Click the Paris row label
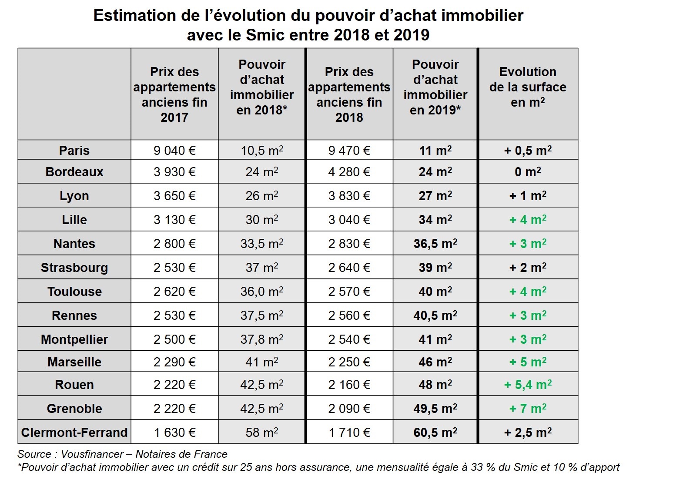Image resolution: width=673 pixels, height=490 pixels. [74, 150]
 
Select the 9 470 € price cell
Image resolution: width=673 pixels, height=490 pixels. [349, 150]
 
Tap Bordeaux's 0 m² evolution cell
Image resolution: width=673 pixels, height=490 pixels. [528, 171]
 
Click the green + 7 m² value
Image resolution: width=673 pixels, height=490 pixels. [528, 408]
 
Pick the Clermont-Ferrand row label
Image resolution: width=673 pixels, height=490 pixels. [74, 432]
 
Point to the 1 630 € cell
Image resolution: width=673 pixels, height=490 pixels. [174, 432]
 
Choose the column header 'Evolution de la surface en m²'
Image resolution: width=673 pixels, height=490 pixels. [528, 87]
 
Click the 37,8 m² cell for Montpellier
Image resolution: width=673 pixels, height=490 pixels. [262, 339]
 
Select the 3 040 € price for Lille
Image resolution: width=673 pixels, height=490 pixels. [349, 219]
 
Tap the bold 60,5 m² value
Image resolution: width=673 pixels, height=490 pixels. [435, 432]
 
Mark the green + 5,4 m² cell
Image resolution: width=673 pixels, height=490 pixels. [528, 385]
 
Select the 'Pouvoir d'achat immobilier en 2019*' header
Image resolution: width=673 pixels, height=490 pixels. [435, 87]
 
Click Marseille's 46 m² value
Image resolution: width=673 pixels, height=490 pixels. [435, 362]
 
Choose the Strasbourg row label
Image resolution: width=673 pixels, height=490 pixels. [74, 268]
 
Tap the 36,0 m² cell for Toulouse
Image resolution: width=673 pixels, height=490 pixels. [262, 291]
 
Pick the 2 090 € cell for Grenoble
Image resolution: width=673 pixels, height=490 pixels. [349, 408]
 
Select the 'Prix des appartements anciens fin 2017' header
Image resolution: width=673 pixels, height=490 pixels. [174, 94]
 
